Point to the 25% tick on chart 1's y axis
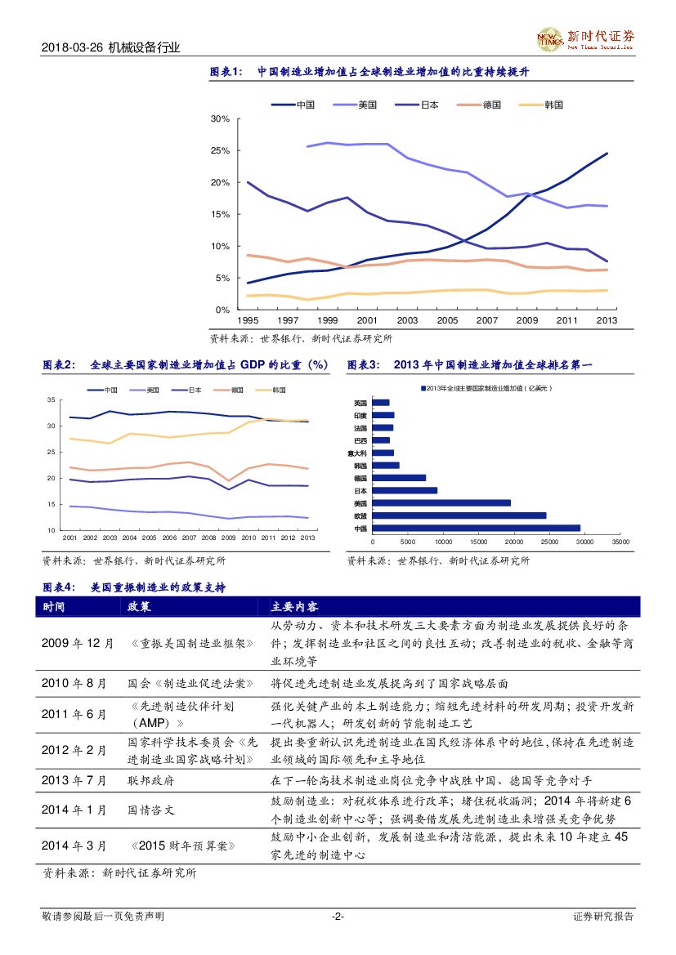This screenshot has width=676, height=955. [219, 150]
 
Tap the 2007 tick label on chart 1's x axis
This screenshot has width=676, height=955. [487, 321]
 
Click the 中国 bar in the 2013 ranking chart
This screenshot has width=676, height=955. [476, 528]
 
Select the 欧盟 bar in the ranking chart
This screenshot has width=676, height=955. [459, 515]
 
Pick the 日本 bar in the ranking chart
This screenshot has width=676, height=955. [405, 490]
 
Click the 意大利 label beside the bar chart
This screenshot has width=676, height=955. [359, 453]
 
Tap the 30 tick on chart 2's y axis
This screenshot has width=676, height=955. [51, 426]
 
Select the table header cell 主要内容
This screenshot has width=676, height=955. [294, 607]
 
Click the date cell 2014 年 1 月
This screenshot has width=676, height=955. [74, 810]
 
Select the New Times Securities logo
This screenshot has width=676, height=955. [584, 38]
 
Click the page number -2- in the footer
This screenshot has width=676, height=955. [338, 917]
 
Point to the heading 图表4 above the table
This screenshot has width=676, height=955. [59, 587]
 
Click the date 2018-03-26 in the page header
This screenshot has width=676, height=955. [72, 48]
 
